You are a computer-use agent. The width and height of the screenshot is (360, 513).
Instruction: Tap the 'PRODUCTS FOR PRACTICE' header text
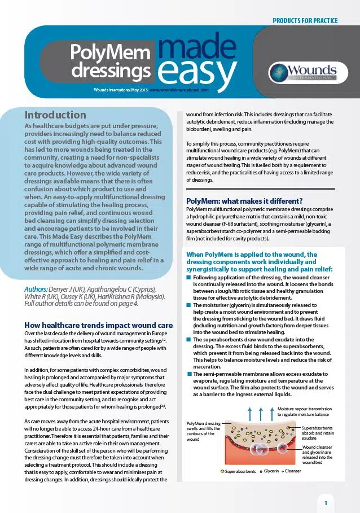coord(305,21)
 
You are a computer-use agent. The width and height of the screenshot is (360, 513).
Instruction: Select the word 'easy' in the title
coord(196,71)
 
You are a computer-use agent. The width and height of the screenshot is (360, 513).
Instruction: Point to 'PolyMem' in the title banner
coord(110,53)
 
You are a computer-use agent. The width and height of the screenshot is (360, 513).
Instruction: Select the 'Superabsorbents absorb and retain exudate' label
coord(317,433)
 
